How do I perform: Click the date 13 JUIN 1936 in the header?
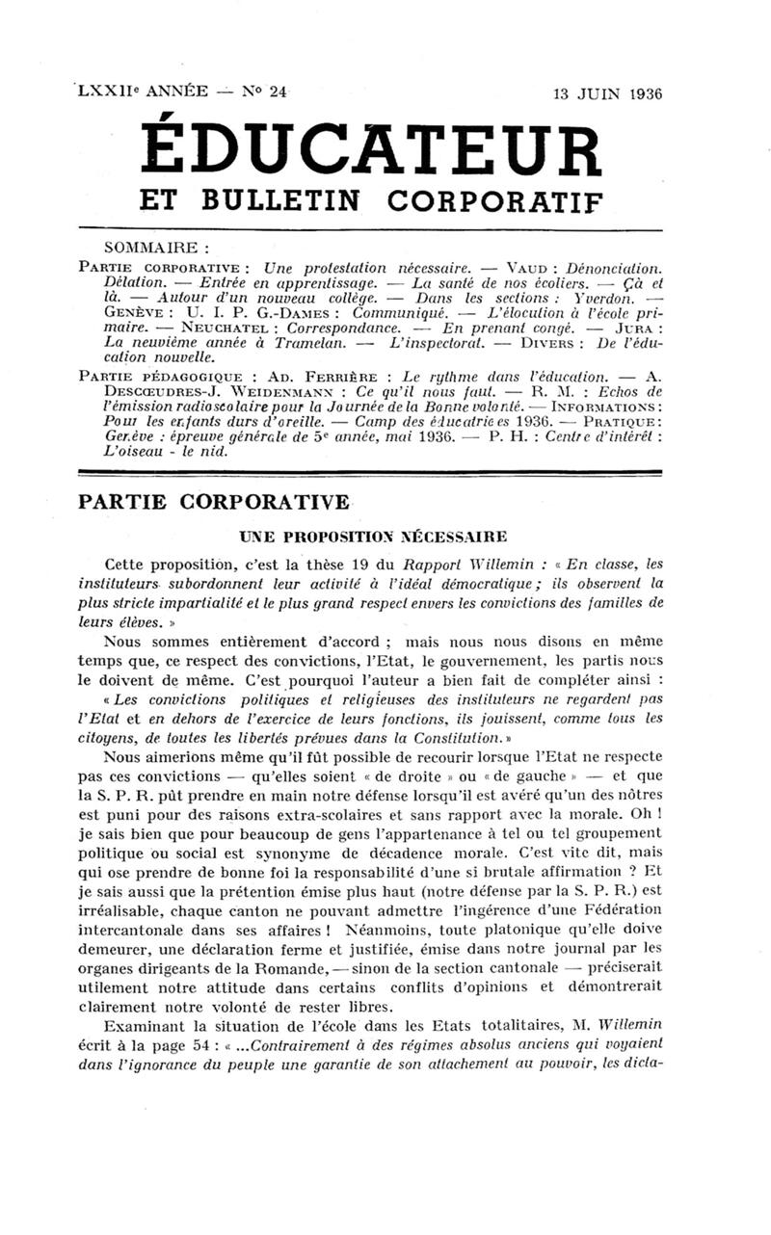(608, 93)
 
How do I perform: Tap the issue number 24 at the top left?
(279, 92)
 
